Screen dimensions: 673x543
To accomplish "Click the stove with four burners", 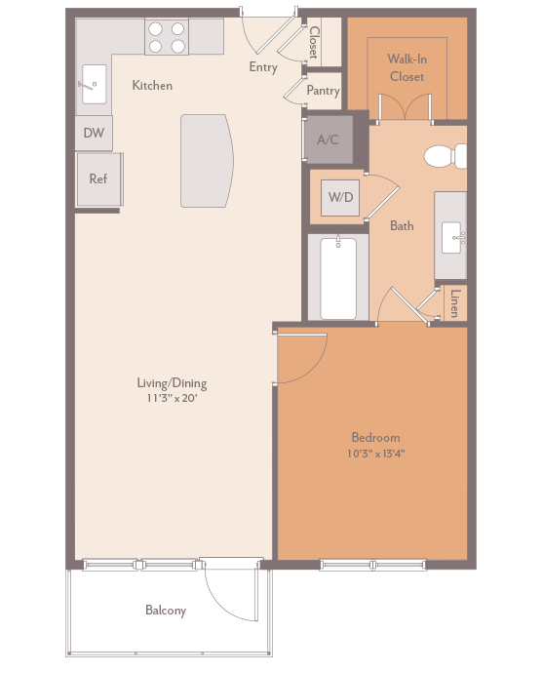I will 167,37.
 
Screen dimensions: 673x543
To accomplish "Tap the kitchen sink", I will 94,84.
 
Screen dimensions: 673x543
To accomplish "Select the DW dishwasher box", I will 94,133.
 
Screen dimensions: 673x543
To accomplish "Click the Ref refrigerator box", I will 98,178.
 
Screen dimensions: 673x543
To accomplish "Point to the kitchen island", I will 206,160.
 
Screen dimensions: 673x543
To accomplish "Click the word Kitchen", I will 152,86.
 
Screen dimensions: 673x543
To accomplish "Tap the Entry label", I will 263,67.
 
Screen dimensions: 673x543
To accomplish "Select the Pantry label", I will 323,91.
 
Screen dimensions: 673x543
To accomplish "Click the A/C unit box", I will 328,139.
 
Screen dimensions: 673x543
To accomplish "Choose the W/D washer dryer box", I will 340,197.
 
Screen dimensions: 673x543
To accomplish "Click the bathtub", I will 338,277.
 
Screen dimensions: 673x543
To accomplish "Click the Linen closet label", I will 454,303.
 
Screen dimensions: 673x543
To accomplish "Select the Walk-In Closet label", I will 407,68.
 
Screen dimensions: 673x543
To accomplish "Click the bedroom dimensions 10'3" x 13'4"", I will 375,454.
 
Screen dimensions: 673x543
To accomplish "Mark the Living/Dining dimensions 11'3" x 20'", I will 172,398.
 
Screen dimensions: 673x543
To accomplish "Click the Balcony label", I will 166,612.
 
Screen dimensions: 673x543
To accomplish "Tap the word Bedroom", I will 375,438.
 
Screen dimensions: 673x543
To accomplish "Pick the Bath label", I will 402,225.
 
